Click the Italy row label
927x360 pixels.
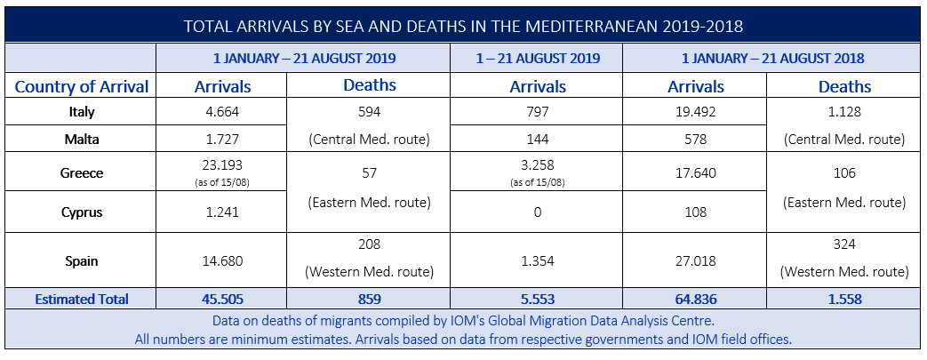point(81,112)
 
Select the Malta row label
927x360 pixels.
point(81,140)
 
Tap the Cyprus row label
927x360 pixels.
point(81,213)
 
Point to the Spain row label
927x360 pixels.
point(81,261)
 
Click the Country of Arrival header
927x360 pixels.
point(82,86)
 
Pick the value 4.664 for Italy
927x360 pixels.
point(222,112)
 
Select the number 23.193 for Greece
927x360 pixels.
point(222,166)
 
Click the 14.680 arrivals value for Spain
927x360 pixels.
point(222,261)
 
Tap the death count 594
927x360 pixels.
point(369,112)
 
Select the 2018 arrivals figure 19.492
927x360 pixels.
point(696,112)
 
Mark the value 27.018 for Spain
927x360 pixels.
point(696,261)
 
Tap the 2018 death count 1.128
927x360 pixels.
point(844,112)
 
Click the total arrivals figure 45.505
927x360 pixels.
point(222,300)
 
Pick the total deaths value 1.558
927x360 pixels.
point(844,300)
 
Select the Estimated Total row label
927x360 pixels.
point(82,300)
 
